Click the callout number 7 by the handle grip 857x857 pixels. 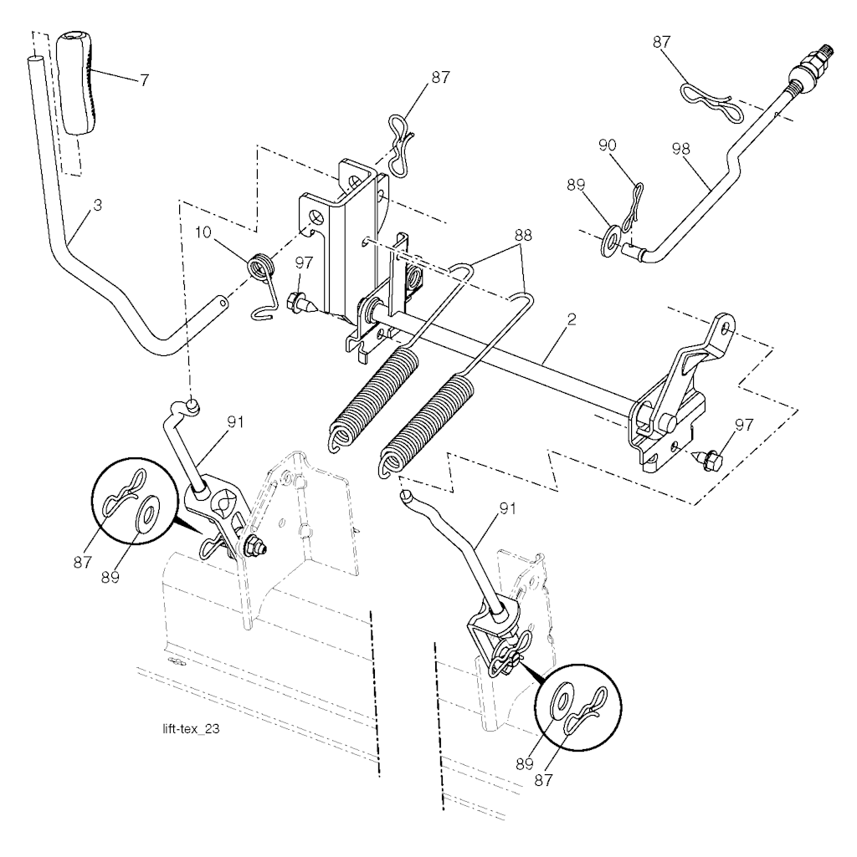click(144, 80)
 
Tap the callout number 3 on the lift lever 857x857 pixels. click(97, 206)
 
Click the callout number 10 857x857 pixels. click(203, 232)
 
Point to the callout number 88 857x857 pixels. click(523, 236)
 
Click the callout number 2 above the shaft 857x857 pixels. click(572, 319)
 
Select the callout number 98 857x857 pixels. click(680, 149)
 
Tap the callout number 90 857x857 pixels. click(608, 145)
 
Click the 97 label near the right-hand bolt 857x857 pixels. click(744, 424)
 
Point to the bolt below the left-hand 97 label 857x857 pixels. click(301, 302)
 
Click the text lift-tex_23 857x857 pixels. click(191, 728)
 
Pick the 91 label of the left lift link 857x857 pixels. click(235, 422)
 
